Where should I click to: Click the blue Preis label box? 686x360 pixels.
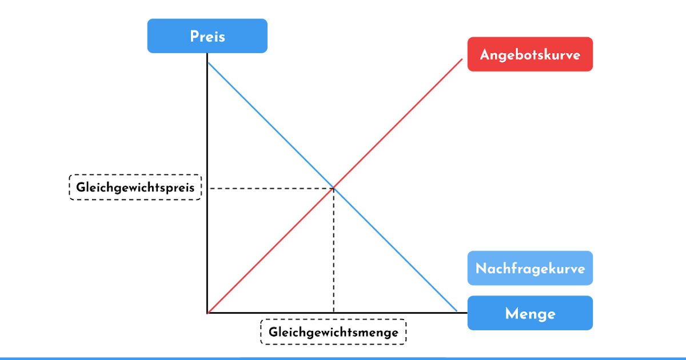207,36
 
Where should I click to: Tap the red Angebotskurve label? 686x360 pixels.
530,54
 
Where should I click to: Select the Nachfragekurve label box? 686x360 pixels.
530,268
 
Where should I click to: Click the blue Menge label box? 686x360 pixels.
530,313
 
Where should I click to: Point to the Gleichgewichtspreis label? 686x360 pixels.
135,187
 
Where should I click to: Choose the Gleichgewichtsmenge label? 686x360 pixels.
333,332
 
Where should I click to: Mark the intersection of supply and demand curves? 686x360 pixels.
333,187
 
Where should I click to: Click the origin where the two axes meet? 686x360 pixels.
208,313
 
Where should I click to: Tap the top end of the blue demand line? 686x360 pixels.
209,63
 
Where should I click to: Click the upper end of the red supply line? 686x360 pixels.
461,59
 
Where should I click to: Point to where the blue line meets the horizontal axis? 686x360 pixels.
457,312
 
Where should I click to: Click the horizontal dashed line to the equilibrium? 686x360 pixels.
269,187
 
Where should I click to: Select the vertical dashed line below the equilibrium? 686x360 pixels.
333,251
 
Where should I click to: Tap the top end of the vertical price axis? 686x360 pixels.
208,54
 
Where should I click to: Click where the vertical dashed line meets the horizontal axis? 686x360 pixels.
333,313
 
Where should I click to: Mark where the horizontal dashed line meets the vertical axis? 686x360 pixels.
208,187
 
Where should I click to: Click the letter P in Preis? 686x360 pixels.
194,37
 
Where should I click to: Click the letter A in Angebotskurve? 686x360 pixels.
484,55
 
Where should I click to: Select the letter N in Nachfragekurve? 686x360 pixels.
481,269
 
